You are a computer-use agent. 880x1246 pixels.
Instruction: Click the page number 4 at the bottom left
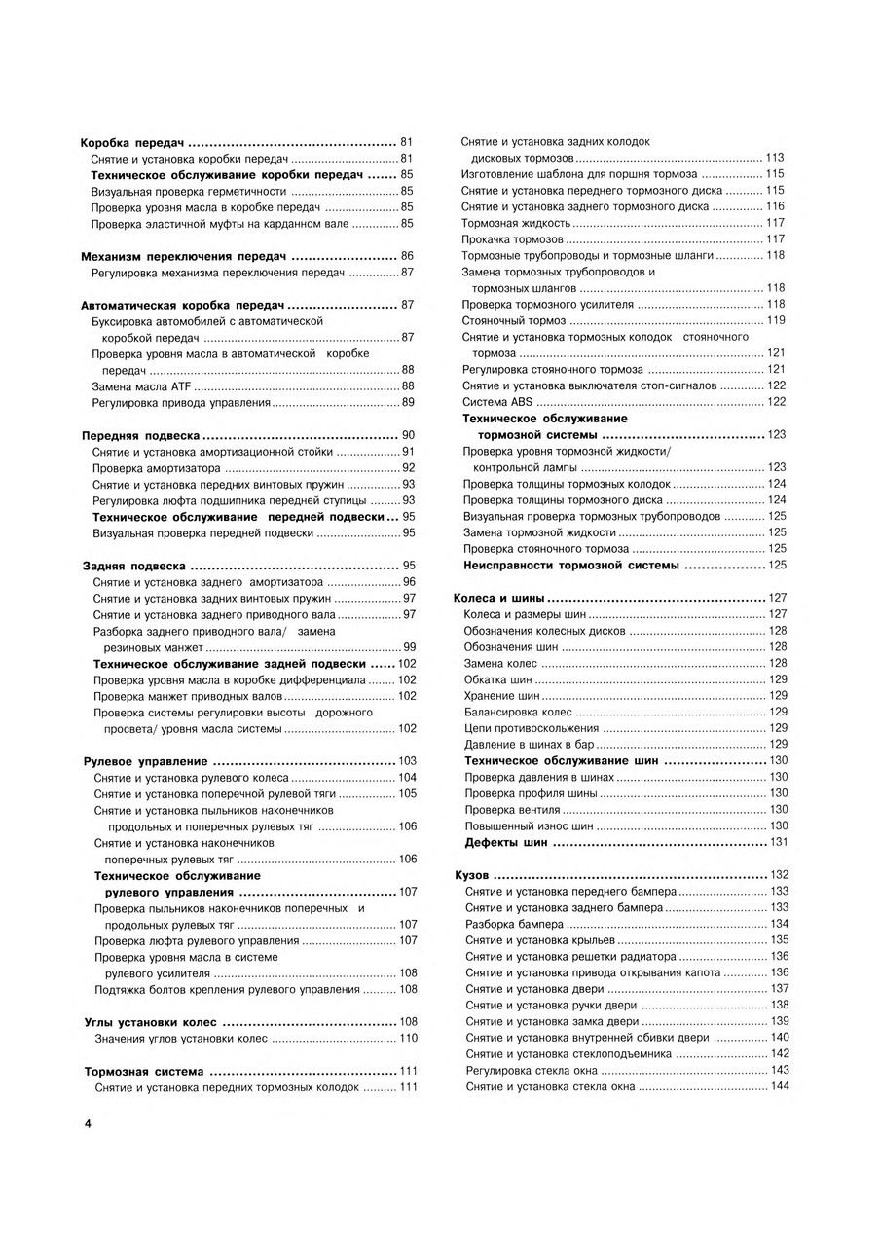coord(87,1124)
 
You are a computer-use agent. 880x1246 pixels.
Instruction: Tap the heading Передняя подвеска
coord(141,435)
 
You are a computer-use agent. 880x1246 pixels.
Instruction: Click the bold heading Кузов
coord(472,875)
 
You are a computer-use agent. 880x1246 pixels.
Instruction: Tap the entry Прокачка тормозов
coord(512,238)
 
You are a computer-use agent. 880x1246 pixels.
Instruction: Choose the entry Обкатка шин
coord(497,679)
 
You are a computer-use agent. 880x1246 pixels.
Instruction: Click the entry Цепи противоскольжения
coord(531,728)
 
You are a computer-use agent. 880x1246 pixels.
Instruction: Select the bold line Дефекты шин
coord(506,842)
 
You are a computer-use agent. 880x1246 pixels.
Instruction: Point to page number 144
coord(779,1086)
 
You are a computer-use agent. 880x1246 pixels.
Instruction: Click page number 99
coord(409,647)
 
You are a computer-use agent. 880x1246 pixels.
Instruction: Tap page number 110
coord(408,1039)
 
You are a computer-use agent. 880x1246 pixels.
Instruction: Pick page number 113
coord(775,158)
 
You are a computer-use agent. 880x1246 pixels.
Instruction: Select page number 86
coord(408,256)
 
